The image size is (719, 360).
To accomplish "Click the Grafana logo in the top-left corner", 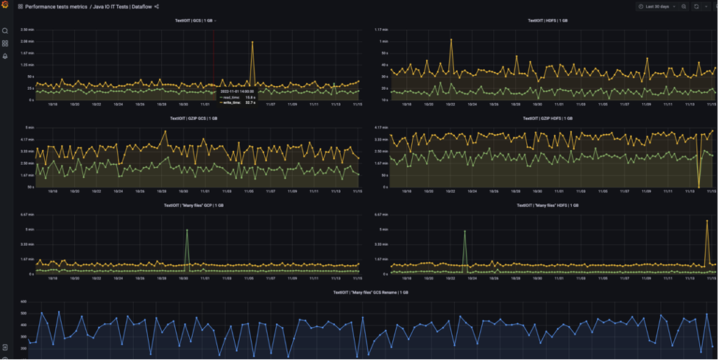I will click(5, 6).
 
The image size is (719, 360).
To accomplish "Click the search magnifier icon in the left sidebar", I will click(5, 31).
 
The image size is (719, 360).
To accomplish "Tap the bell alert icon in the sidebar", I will click(5, 56).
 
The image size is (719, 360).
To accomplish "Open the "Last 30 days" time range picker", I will click(656, 7).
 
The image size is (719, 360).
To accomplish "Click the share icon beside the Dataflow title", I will click(157, 7).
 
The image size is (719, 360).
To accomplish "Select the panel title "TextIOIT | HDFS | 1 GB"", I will click(548, 21).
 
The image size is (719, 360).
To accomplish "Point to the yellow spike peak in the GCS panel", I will click(252, 42).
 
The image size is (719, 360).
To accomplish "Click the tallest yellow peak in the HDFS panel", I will click(451, 40).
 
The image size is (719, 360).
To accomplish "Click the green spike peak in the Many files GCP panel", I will click(187, 230).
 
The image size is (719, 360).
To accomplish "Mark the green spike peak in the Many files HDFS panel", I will click(465, 231).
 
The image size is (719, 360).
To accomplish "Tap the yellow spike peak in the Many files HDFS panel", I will click(707, 221).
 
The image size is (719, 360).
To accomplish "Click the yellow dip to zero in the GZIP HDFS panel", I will click(698, 186).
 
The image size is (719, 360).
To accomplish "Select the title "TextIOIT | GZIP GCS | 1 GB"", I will click(194, 119).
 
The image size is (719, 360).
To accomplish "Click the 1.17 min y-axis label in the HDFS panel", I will click(383, 30).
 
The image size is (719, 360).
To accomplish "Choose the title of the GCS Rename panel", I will click(370, 292).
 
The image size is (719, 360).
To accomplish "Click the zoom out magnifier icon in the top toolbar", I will click(684, 7).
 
